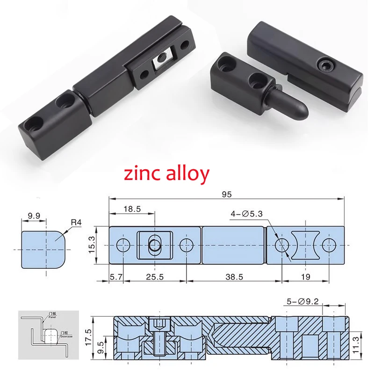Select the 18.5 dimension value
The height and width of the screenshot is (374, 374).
[x=132, y=209]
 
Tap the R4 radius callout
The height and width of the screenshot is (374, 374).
[x=76, y=223]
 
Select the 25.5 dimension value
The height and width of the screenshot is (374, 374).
[x=155, y=277]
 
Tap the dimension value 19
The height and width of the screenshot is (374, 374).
[x=305, y=277]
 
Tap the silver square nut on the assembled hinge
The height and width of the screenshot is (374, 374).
[x=162, y=58]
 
